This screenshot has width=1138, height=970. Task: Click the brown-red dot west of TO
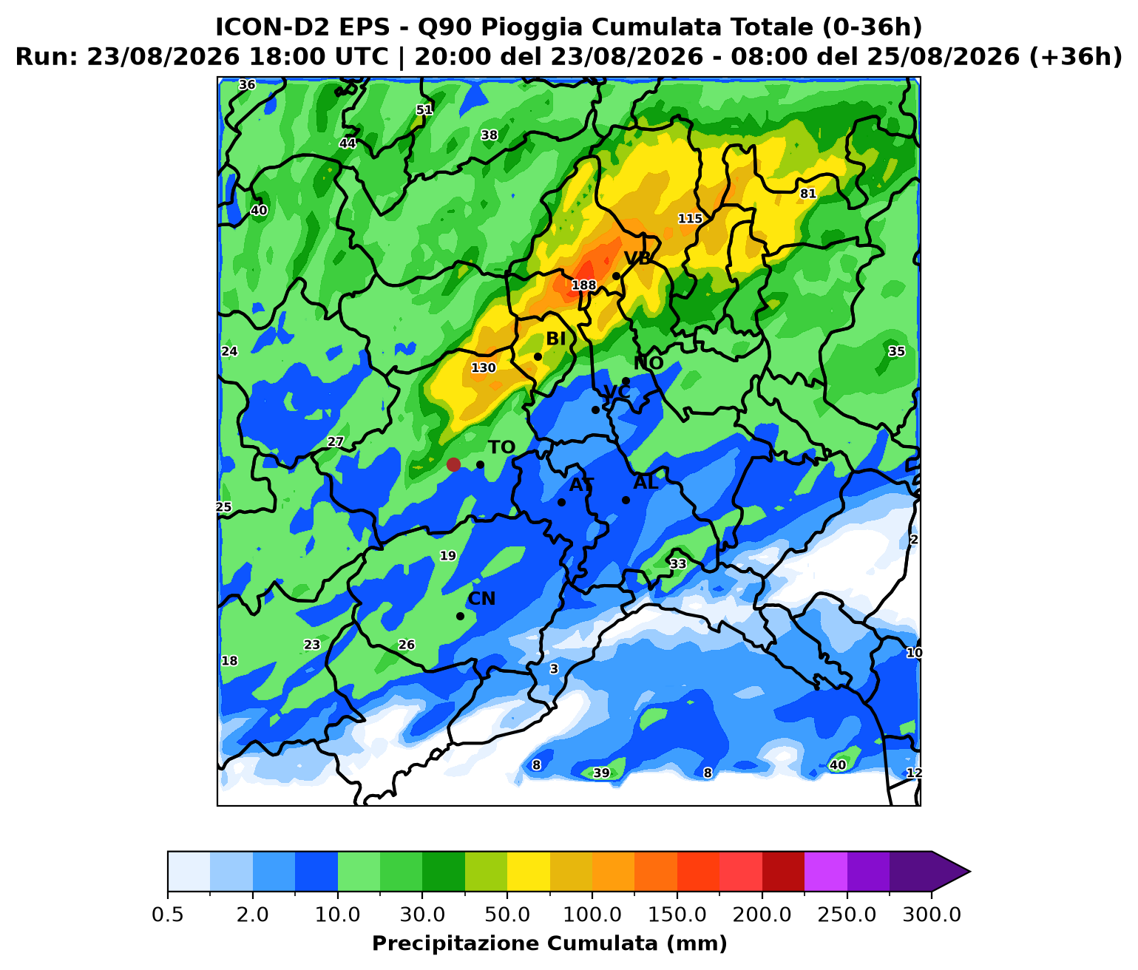click(453, 464)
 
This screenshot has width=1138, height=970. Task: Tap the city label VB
click(637, 258)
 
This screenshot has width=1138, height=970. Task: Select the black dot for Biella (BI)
click(538, 357)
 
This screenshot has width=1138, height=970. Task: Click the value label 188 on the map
click(583, 285)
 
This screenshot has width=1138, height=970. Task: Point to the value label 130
click(484, 367)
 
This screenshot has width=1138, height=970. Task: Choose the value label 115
click(690, 219)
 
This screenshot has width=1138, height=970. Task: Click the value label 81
click(807, 194)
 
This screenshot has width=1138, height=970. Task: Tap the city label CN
click(481, 598)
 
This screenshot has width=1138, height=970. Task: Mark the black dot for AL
click(626, 500)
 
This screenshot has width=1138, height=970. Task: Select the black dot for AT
click(561, 502)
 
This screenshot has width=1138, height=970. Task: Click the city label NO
click(648, 363)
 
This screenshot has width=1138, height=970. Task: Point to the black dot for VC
click(595, 410)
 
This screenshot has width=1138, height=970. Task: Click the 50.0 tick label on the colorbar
click(507, 915)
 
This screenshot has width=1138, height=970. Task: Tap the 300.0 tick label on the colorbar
click(932, 915)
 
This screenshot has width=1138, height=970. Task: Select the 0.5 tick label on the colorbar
click(167, 915)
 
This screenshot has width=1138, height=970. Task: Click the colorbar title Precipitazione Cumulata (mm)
click(549, 943)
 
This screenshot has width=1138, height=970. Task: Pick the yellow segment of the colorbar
click(529, 872)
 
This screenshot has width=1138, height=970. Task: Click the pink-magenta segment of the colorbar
click(826, 872)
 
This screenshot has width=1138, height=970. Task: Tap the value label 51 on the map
click(424, 109)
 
